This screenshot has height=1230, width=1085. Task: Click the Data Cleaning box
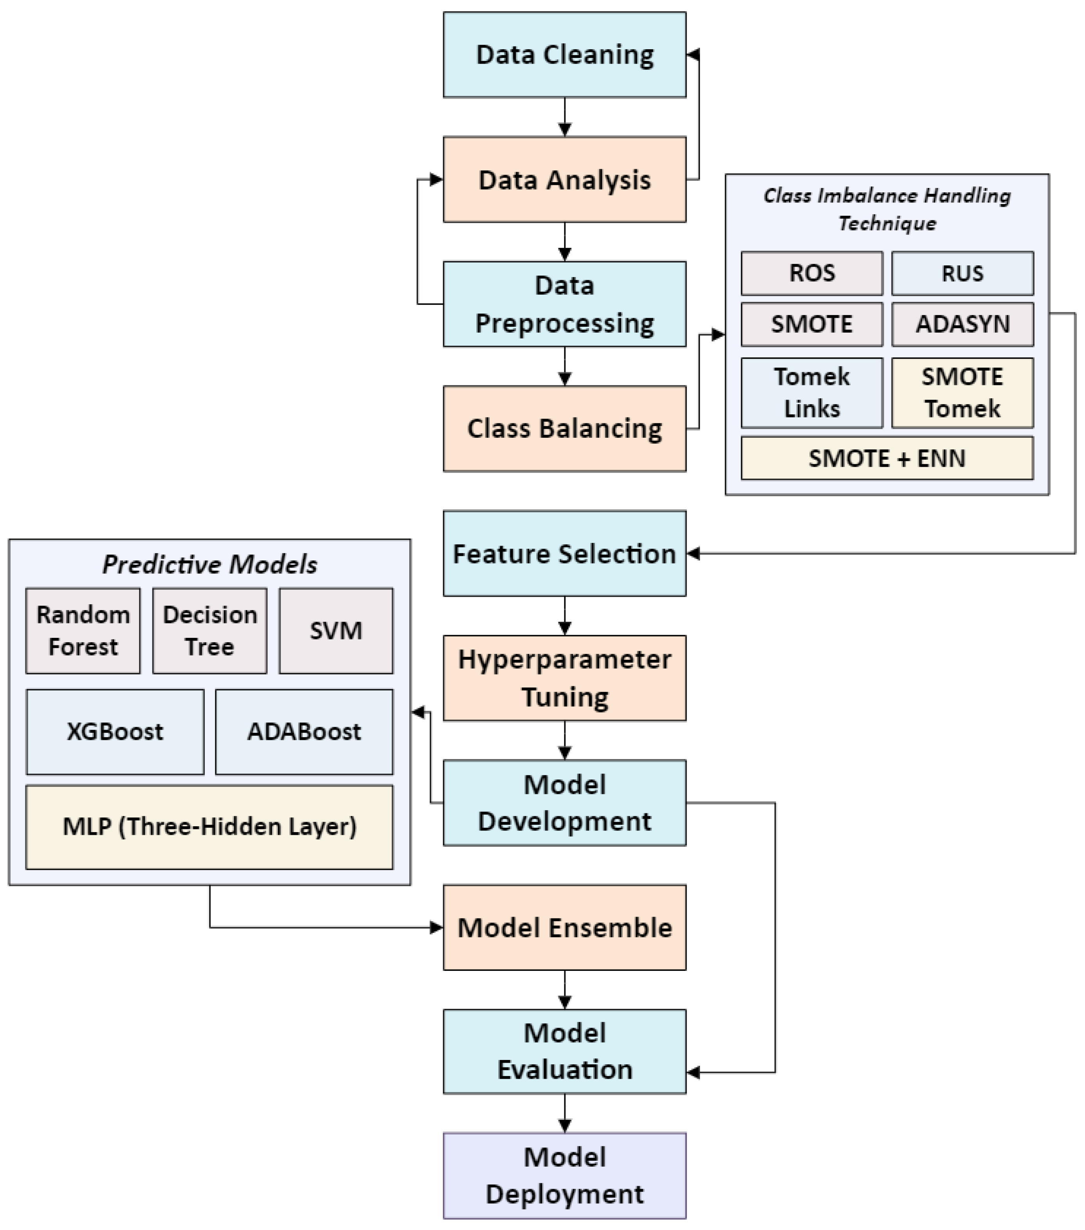(x=564, y=55)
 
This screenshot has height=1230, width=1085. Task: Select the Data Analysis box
(x=564, y=179)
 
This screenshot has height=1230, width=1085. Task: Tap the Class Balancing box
(x=564, y=428)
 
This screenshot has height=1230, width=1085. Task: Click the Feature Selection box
(x=564, y=553)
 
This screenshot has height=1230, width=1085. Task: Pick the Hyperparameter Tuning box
(x=564, y=678)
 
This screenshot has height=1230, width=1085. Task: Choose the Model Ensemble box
(x=564, y=927)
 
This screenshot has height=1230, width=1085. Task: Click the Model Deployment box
(x=564, y=1175)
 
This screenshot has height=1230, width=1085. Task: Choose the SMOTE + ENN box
(x=886, y=458)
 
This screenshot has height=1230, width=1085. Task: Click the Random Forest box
(x=83, y=631)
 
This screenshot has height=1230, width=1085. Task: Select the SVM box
(x=336, y=631)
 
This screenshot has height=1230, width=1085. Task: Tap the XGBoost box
(x=115, y=732)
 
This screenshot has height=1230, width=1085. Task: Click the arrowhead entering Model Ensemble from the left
(x=437, y=927)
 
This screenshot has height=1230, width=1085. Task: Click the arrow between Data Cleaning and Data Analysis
(x=564, y=117)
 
